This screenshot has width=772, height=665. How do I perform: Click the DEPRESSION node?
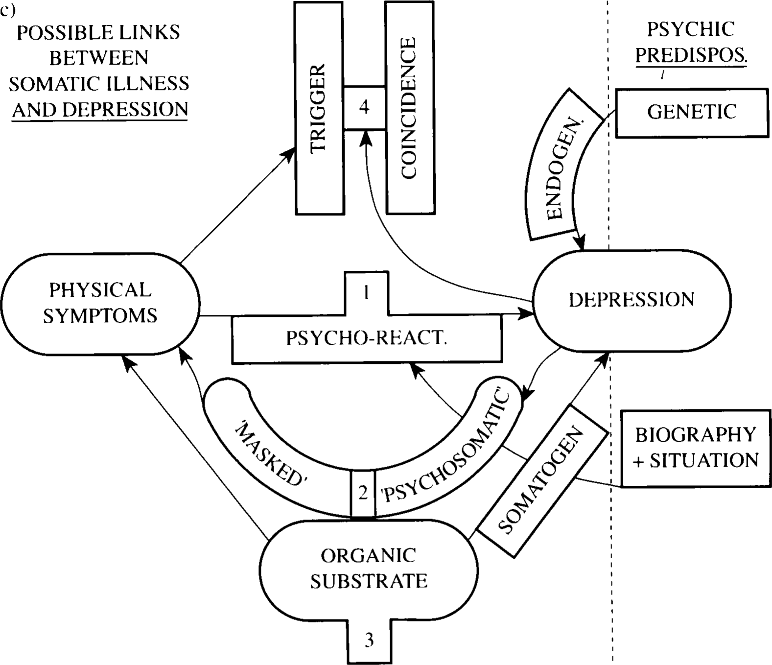(x=632, y=300)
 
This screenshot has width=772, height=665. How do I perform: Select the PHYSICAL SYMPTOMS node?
(x=100, y=303)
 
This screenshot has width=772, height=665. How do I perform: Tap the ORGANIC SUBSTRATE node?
(x=369, y=568)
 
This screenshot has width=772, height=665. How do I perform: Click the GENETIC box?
(x=692, y=112)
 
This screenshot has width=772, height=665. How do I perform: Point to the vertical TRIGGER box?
(x=319, y=108)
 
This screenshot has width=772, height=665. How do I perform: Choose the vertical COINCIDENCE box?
(x=410, y=108)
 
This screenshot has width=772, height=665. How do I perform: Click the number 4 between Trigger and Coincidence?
(x=364, y=107)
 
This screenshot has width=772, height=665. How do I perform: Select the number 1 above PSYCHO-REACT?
(x=366, y=293)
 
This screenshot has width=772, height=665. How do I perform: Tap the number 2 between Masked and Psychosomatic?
(x=363, y=493)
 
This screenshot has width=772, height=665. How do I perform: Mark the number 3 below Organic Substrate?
(x=369, y=640)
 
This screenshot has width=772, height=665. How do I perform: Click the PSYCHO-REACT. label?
(x=367, y=338)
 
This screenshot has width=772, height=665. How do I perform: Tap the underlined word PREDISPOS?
(x=691, y=55)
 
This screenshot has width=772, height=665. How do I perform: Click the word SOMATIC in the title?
(x=44, y=84)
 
